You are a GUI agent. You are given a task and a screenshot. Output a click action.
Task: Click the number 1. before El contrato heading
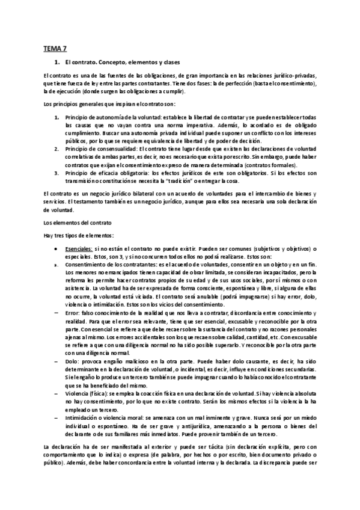pos(56,62)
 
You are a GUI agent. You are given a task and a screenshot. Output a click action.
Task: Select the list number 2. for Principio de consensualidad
pos(56,147)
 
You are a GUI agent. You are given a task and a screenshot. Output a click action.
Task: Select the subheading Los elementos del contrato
pos(70,223)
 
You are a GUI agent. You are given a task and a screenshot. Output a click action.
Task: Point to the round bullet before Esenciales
pos(56,248)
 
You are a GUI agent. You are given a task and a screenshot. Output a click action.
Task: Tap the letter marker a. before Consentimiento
pos(56,264)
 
